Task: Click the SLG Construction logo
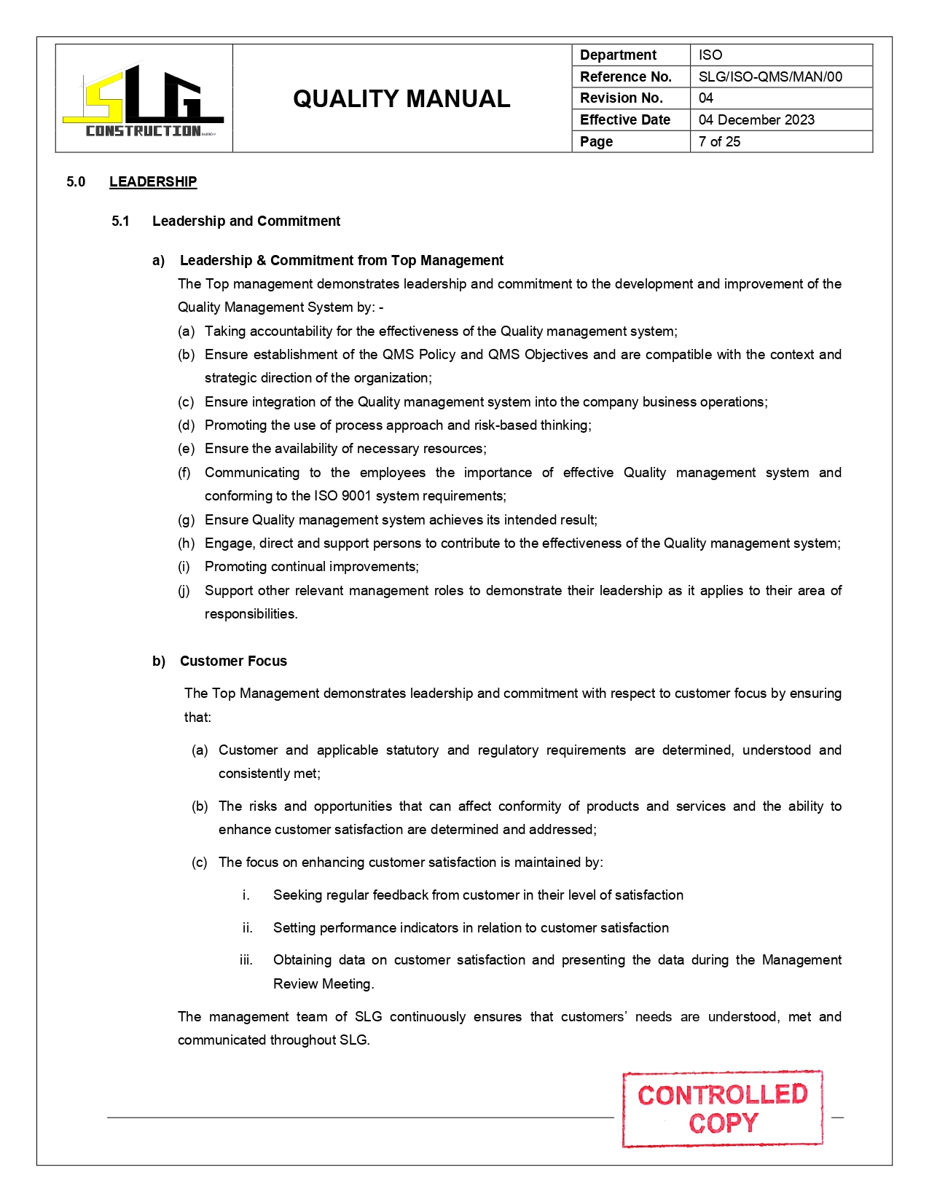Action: (144, 101)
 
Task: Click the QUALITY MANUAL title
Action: (401, 99)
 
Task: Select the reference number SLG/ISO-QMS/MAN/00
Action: (770, 76)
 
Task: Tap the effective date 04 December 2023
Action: (756, 119)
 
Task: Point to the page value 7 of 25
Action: (719, 141)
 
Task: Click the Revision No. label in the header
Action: (621, 98)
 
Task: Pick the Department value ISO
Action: (710, 55)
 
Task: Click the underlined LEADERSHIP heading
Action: (153, 181)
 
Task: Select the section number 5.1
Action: (120, 221)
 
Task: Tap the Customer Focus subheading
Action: (233, 661)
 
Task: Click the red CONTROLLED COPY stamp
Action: (722, 1109)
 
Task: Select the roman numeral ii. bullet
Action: (248, 928)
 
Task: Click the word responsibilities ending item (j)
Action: (251, 614)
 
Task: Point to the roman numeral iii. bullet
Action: (246, 960)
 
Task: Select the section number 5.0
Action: (76, 181)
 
